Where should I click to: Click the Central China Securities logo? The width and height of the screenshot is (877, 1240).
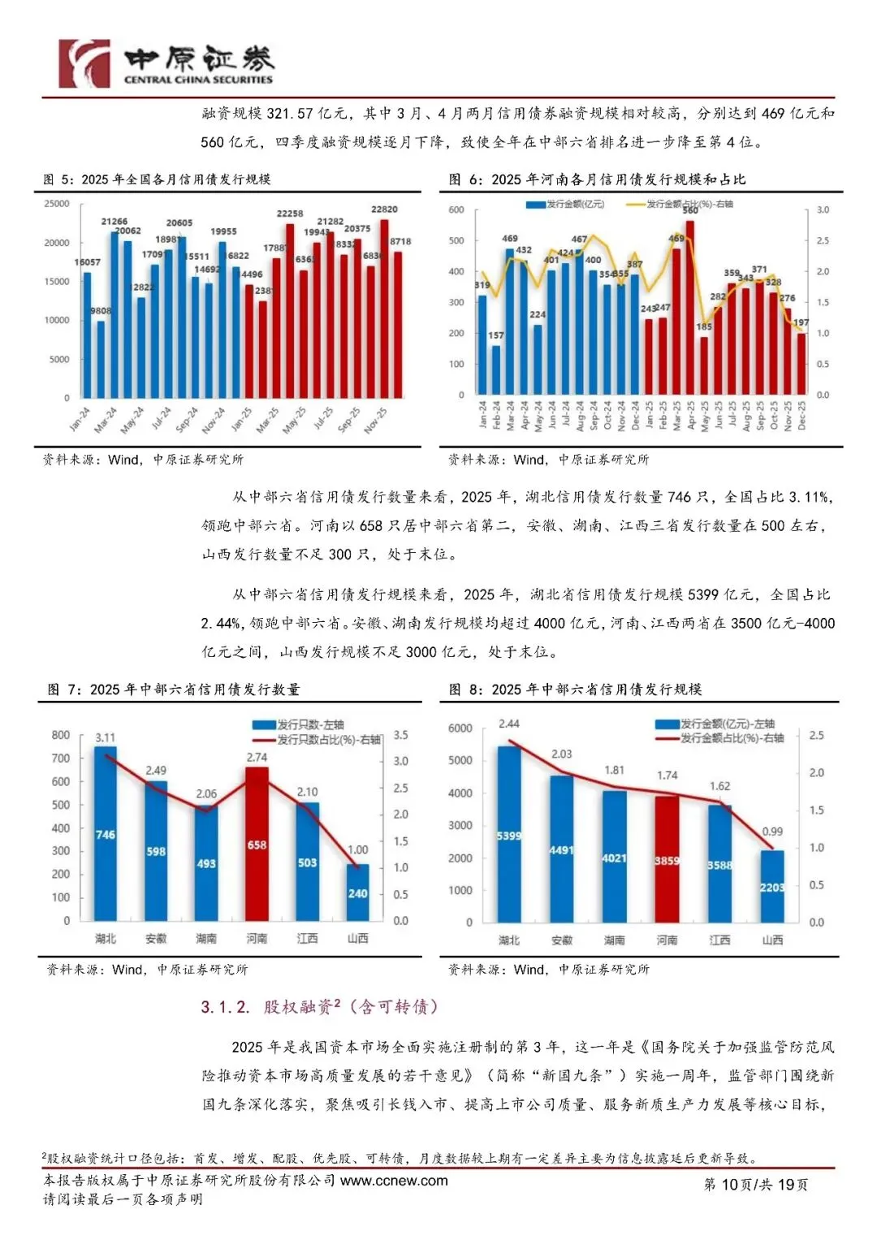(x=166, y=63)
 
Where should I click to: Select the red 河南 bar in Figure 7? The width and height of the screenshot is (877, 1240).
(x=257, y=845)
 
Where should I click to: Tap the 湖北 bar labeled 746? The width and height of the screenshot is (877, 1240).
(x=106, y=834)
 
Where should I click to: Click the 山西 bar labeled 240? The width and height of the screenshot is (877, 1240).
(x=357, y=892)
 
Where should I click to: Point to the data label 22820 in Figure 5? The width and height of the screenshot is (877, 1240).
(x=384, y=210)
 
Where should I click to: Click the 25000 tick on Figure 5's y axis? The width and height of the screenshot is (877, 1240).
(x=57, y=204)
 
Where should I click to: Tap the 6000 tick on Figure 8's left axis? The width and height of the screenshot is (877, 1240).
(x=460, y=728)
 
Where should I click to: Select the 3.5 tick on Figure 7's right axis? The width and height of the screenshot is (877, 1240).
(x=401, y=735)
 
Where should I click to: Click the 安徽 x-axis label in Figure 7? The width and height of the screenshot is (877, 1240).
(x=156, y=939)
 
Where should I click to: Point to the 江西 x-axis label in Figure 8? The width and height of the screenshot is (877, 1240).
(x=719, y=940)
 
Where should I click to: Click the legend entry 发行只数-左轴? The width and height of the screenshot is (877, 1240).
(x=310, y=724)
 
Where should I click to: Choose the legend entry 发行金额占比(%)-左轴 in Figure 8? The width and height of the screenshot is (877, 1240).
(x=732, y=738)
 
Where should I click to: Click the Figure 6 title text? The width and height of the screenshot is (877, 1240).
(x=598, y=179)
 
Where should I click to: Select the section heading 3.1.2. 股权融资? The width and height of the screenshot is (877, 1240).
(x=320, y=1007)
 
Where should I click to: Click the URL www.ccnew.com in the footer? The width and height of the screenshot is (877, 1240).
(x=394, y=1181)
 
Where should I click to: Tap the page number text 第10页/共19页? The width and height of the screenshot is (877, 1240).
(x=755, y=1185)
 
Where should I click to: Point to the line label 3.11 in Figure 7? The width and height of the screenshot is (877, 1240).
(x=106, y=738)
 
